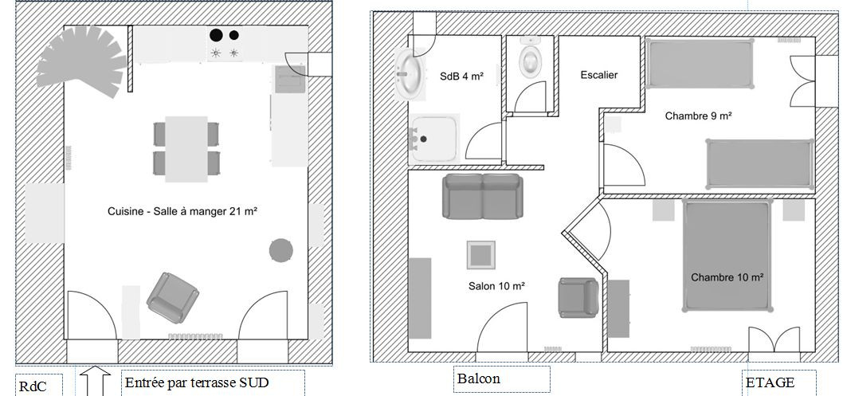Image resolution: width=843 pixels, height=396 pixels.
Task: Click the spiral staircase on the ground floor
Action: tap(80, 61)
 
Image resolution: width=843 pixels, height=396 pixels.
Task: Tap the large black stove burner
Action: tap(216, 36)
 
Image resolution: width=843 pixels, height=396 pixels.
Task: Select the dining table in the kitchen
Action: tap(186, 149)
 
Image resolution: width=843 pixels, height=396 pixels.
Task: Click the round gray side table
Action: tap(280, 250)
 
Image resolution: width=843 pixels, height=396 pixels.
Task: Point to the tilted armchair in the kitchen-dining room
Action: tap(173, 298)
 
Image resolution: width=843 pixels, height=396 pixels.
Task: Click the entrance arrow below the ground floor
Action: tap(95, 381)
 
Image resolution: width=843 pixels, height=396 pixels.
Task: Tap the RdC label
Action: tap(33, 387)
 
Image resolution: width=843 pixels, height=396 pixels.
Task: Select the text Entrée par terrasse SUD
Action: tap(197, 383)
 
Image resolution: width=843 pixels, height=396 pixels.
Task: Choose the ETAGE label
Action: tap(770, 382)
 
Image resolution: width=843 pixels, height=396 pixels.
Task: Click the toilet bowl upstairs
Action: tap(530, 59)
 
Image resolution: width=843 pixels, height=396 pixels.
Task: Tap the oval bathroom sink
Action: tap(409, 73)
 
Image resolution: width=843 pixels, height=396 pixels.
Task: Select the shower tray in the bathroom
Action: tap(434, 139)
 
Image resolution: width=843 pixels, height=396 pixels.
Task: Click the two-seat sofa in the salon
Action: tap(483, 196)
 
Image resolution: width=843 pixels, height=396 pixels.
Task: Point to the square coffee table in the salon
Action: tap(480, 255)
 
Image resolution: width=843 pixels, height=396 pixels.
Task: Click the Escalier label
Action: tap(599, 75)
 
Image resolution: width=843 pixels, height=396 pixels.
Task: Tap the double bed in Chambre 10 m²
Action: tap(727, 255)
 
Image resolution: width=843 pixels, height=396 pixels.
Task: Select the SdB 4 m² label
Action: tap(461, 76)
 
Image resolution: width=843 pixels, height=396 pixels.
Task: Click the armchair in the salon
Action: tap(578, 298)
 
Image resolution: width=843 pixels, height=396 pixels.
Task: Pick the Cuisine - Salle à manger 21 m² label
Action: tap(182, 211)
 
